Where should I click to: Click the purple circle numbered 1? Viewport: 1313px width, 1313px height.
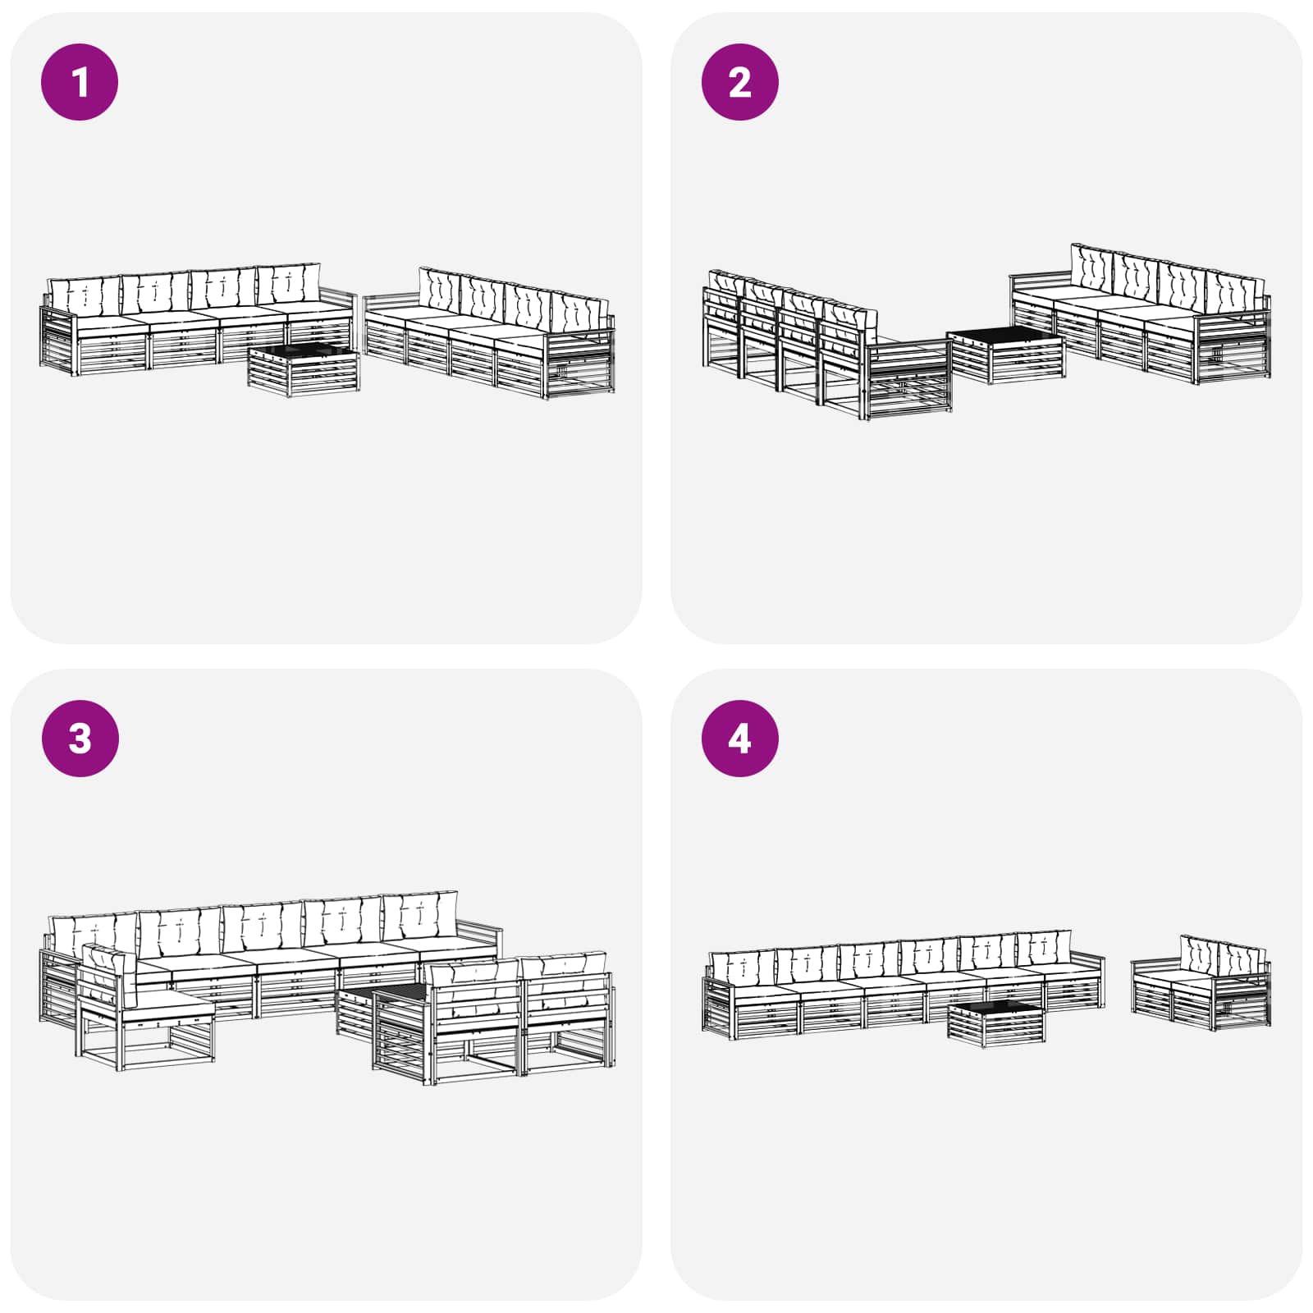(80, 82)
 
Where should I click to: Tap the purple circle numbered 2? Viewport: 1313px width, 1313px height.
(739, 82)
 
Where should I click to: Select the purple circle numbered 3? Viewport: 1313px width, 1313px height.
(80, 738)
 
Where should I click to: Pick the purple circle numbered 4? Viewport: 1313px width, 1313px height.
(739, 738)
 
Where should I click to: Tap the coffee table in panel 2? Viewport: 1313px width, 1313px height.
(1006, 353)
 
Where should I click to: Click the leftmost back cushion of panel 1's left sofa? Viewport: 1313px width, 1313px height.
(85, 296)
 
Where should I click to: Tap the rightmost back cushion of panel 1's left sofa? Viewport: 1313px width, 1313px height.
(288, 284)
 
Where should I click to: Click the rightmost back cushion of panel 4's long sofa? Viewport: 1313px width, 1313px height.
(1042, 949)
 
